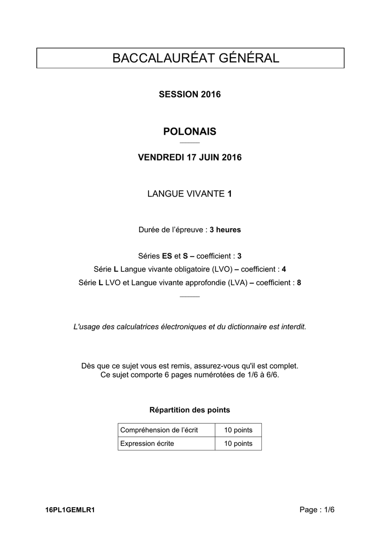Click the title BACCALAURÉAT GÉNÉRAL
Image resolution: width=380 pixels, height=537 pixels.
tap(189, 58)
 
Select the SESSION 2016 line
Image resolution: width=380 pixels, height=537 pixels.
tap(189, 94)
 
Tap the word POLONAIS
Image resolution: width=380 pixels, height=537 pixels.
tap(189, 131)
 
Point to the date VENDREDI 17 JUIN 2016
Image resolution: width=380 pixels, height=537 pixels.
tap(189, 157)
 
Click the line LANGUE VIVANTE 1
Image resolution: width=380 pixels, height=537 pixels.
tap(189, 194)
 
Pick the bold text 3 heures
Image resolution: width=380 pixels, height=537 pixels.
tap(225, 230)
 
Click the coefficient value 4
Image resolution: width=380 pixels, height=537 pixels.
tap(284, 269)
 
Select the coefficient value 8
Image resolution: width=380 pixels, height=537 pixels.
tap(299, 282)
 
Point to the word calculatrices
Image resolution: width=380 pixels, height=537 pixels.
tap(130, 326)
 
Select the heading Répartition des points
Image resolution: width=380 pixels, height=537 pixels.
tap(189, 410)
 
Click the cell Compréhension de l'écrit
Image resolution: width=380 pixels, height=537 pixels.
tap(159, 430)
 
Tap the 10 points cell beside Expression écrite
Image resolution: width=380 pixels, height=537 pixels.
tap(238, 444)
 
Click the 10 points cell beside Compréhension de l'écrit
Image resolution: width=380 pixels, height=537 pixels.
tap(238, 430)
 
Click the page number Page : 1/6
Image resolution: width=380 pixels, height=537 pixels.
tap(316, 509)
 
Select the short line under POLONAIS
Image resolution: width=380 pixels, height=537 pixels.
tap(189, 143)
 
